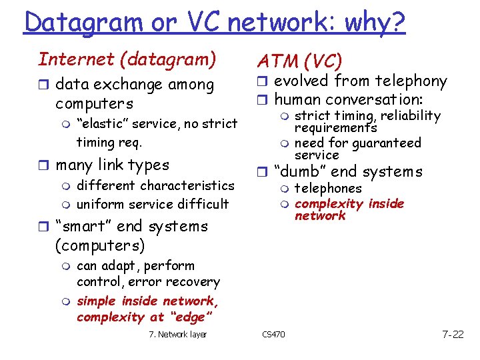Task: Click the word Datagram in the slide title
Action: click(82, 22)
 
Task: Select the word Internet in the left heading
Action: click(77, 59)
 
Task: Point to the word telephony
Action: click(410, 81)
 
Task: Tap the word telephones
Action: click(327, 189)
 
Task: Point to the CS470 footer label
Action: click(273, 334)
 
